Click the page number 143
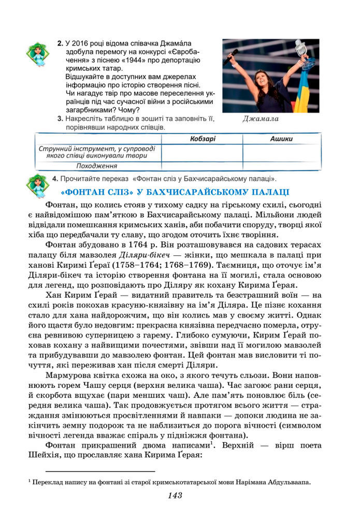(175, 496)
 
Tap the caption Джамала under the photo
(261, 119)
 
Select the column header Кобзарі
(202, 139)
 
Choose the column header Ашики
(281, 139)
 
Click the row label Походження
(96, 166)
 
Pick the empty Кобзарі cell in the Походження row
(202, 166)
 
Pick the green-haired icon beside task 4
(37, 185)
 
